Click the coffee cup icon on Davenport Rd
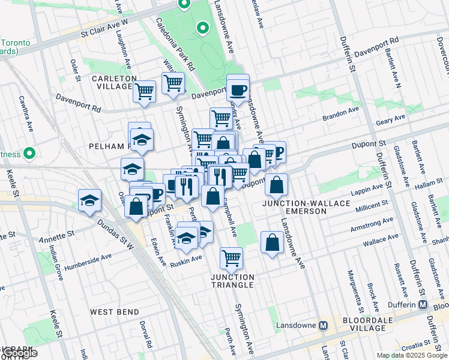[238, 90]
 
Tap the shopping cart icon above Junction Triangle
[231, 259]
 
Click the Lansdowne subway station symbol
[323, 326]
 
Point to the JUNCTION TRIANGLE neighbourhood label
[232, 281]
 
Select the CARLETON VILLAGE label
[114, 83]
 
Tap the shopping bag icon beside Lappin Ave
[276, 185]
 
